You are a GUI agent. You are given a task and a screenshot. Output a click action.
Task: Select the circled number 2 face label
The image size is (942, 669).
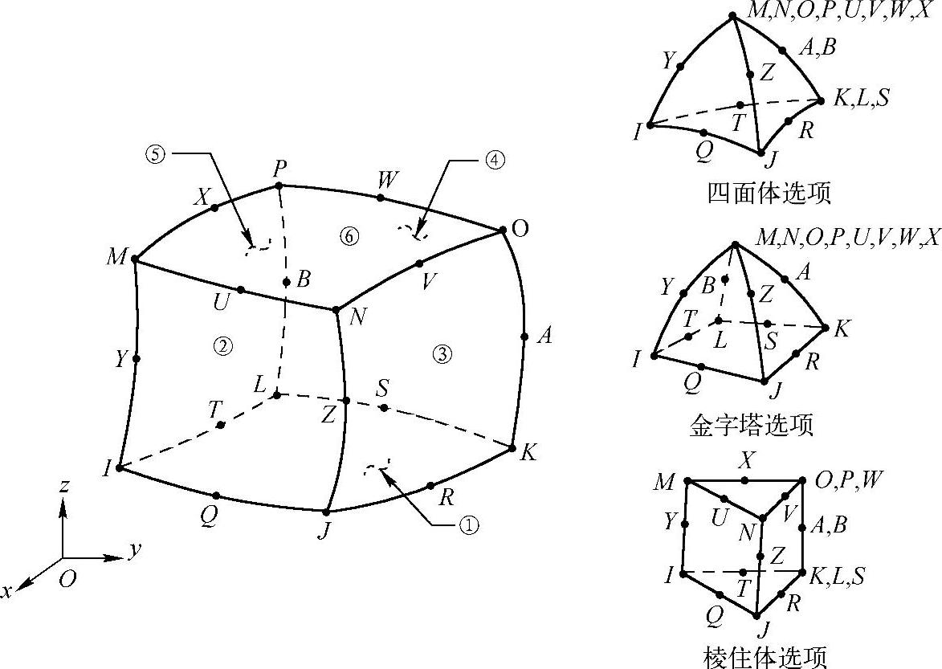222,345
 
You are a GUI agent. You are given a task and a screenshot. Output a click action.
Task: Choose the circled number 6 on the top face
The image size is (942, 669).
348,235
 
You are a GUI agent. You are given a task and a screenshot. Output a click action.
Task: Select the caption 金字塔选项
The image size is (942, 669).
752,424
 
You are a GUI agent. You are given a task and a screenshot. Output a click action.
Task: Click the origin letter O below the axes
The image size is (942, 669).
68,578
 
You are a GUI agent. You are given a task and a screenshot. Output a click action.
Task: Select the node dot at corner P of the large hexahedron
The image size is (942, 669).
279,186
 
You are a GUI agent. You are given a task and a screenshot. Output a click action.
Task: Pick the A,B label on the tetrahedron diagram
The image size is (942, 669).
818,47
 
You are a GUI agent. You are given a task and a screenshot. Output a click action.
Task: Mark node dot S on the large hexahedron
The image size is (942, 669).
384,408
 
